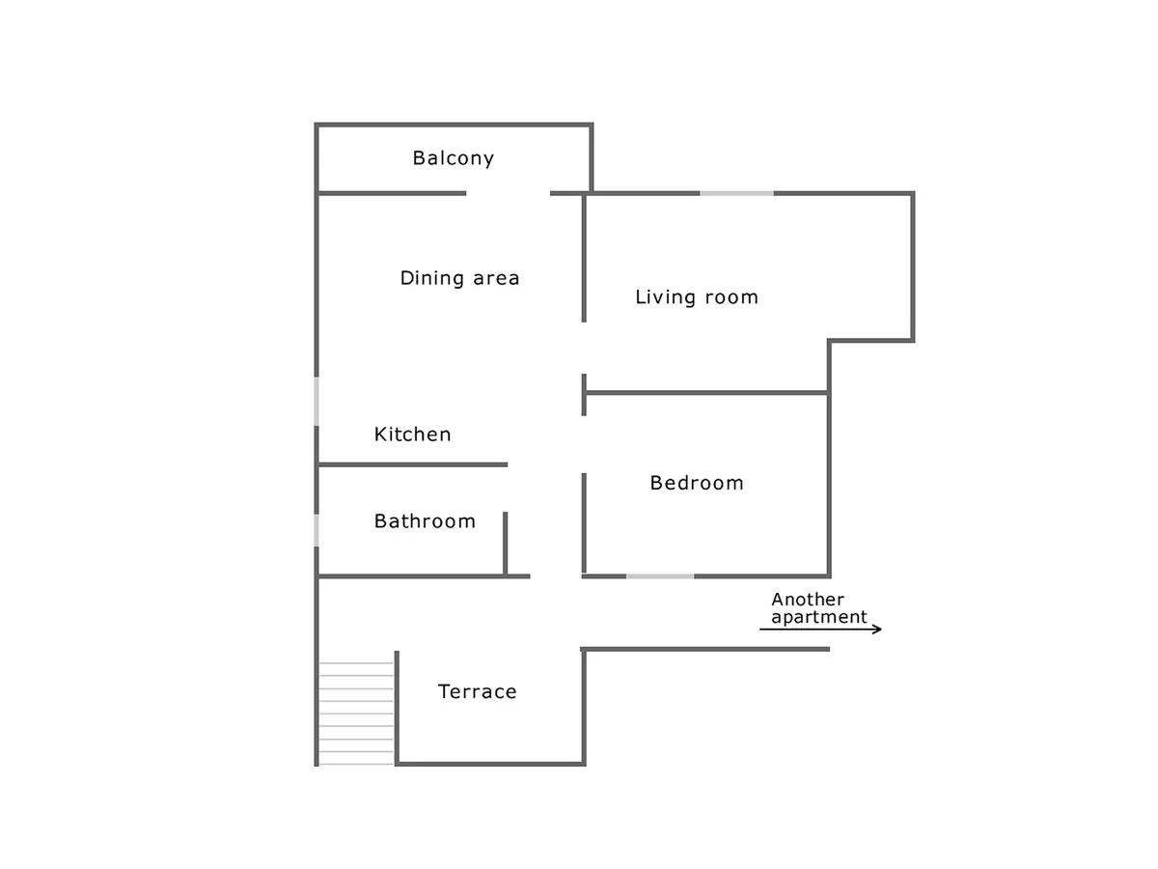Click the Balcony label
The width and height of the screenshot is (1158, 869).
click(454, 158)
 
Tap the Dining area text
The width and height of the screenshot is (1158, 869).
click(459, 277)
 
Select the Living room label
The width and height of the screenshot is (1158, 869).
click(697, 296)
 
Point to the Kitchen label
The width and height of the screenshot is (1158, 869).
click(413, 434)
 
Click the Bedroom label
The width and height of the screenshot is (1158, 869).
click(697, 483)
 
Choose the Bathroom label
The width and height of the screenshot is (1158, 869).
click(425, 521)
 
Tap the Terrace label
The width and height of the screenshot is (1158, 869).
click(478, 691)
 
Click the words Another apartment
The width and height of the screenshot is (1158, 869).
click(818, 608)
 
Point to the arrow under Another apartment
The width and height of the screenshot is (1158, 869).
click(820, 629)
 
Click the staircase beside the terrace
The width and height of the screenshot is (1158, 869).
click(356, 714)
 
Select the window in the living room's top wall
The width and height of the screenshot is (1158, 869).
click(736, 194)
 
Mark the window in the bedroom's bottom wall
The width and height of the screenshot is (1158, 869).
click(660, 576)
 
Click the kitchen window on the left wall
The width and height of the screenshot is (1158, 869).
click(317, 401)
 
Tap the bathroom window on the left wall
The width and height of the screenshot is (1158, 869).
click(317, 530)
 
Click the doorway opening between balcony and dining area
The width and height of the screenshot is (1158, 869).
click(508, 194)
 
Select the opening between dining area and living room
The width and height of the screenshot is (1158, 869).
click(584, 349)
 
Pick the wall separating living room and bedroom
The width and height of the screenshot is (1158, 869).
click(706, 393)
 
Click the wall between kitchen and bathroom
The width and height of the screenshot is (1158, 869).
click(413, 464)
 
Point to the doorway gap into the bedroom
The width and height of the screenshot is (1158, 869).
click(584, 444)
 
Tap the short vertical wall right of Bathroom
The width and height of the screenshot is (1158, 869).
click(506, 544)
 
